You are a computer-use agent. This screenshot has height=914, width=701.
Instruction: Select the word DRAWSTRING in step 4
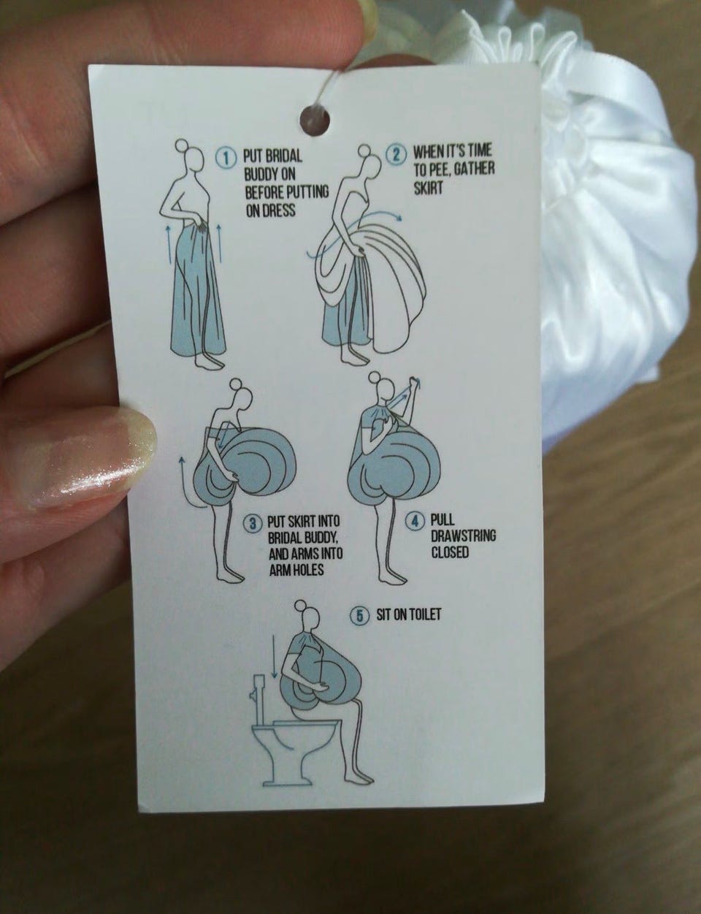click(x=463, y=536)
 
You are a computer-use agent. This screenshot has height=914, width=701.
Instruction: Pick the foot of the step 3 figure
click(x=229, y=576)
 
